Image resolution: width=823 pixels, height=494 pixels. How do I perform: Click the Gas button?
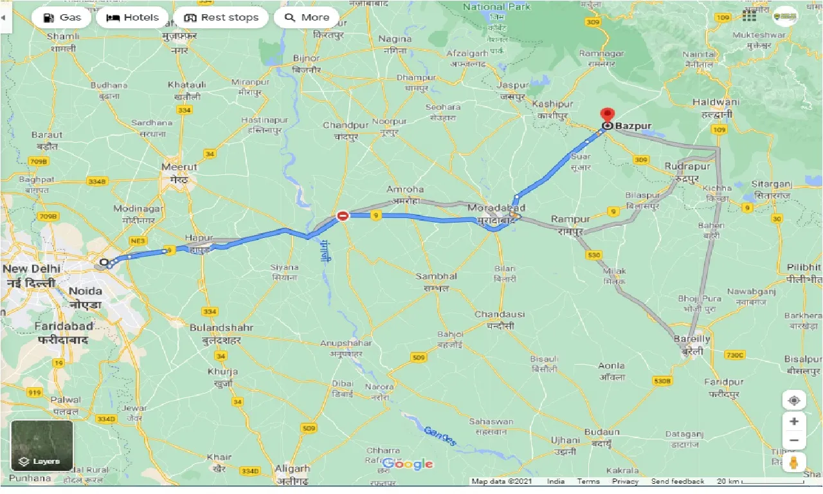(62, 17)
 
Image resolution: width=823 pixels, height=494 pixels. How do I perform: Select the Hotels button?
(132, 17)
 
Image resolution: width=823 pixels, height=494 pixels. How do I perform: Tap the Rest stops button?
(221, 17)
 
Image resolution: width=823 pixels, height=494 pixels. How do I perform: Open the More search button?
(307, 17)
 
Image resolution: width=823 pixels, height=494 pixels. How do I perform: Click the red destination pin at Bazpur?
(606, 116)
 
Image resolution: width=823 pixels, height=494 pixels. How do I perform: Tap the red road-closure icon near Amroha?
(343, 215)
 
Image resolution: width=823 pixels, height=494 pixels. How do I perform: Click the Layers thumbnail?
(42, 446)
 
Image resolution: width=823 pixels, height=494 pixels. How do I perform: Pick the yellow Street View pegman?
(794, 463)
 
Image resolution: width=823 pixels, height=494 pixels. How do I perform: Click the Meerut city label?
(179, 167)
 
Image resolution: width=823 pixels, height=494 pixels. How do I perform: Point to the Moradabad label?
(496, 208)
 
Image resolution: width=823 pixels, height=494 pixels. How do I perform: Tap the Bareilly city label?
(692, 339)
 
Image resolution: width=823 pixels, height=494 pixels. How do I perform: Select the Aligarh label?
(292, 469)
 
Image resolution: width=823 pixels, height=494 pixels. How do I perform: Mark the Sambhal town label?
(436, 276)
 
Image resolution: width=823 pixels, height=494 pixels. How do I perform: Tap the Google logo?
(408, 464)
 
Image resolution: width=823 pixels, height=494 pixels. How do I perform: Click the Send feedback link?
(677, 481)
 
